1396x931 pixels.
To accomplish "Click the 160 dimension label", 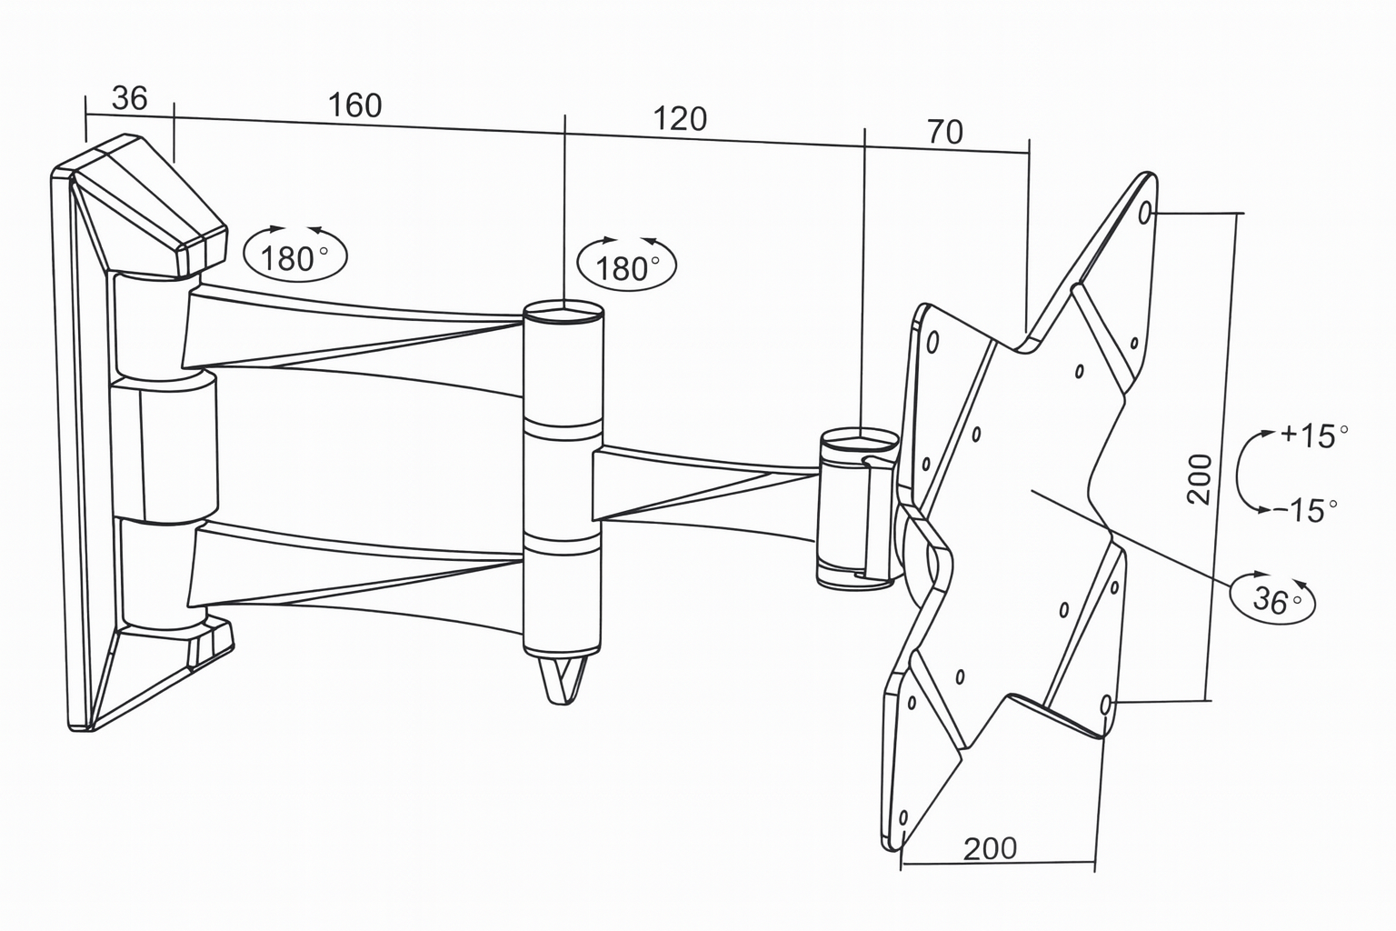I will click(354, 106).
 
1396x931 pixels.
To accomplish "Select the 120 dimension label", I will click(680, 119).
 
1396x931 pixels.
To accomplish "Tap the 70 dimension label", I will click(945, 133).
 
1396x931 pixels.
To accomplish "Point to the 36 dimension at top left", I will click(129, 98).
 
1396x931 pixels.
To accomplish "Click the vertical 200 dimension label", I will click(1200, 478).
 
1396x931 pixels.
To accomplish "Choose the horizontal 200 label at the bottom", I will click(990, 848).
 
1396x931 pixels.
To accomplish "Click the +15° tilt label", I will click(1314, 435).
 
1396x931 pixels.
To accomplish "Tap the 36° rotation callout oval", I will click(1272, 597).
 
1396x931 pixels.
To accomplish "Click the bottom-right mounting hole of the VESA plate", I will click(1106, 705).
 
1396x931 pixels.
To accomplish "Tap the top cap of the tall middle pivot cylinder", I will click(563, 314).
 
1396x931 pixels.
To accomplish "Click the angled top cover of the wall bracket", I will click(150, 205).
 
